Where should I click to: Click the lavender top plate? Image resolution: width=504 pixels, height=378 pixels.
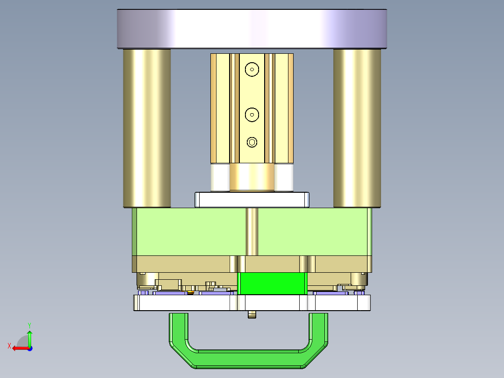tap(252, 29)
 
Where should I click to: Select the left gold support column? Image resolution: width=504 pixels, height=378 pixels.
tap(146, 128)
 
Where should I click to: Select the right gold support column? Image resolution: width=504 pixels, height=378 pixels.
tap(357, 128)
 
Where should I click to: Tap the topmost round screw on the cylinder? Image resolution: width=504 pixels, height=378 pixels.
tap(252, 69)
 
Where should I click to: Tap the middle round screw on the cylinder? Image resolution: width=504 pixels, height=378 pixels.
tap(252, 114)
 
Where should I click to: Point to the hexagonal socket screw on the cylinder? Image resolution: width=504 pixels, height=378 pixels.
tap(252, 142)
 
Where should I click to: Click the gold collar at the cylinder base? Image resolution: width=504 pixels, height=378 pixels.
tap(252, 177)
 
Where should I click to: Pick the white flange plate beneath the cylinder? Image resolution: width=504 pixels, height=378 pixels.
tap(252, 200)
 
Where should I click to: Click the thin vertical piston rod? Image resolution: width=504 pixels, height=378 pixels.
tap(252, 232)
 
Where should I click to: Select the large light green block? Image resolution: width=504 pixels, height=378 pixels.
tap(187, 232)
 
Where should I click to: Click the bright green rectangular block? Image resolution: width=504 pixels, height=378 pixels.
tap(273, 283)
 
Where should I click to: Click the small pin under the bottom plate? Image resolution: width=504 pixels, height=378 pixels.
tap(252, 314)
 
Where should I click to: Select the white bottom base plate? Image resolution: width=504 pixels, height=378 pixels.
tap(187, 303)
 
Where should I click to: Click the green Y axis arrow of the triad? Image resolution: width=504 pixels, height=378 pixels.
tap(29, 336)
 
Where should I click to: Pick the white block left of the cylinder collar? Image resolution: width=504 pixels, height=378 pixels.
tap(220, 177)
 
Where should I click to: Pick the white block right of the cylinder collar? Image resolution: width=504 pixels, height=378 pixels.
tap(284, 177)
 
